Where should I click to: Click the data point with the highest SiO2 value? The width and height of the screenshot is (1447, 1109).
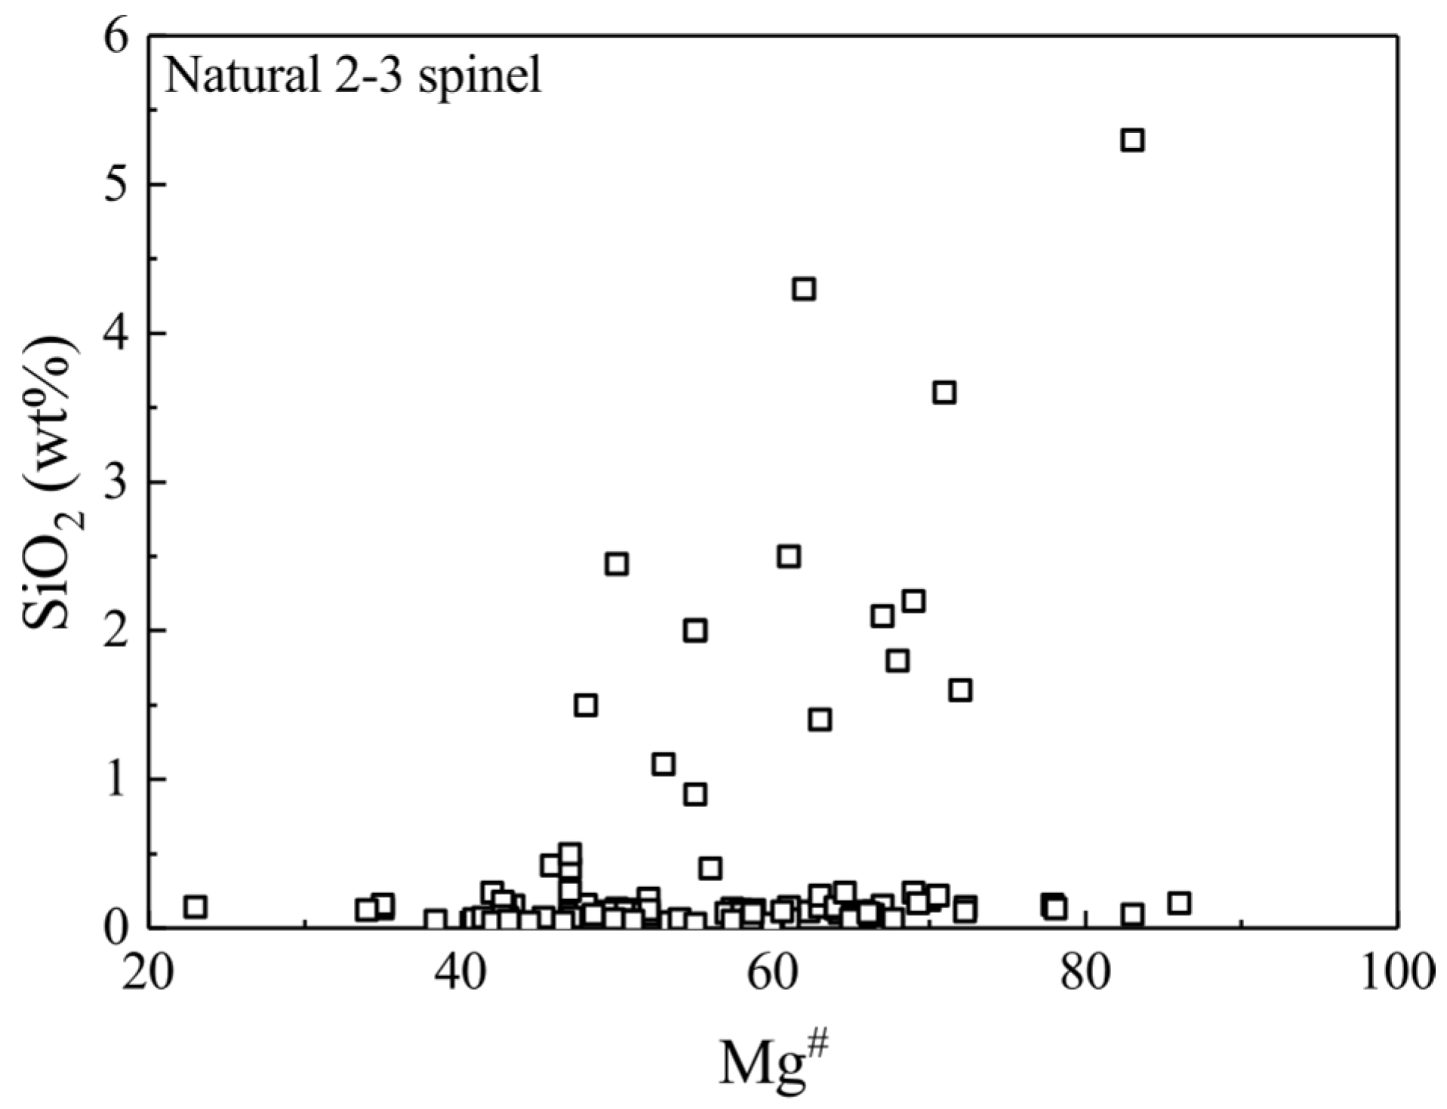point(1132,140)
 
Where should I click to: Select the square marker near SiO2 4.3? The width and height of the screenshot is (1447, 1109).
point(805,289)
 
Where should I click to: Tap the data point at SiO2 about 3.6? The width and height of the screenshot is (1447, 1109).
point(944,393)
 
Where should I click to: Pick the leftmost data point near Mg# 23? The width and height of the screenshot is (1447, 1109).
point(195,906)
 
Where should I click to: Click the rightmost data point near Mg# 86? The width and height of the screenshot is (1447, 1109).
point(1179,903)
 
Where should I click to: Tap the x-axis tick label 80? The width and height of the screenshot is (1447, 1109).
point(1085,975)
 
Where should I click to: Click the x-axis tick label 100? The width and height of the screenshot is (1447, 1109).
point(1396,975)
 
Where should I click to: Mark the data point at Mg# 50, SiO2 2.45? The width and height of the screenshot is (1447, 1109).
point(617,564)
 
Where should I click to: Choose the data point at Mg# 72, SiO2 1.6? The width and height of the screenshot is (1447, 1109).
point(960,690)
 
